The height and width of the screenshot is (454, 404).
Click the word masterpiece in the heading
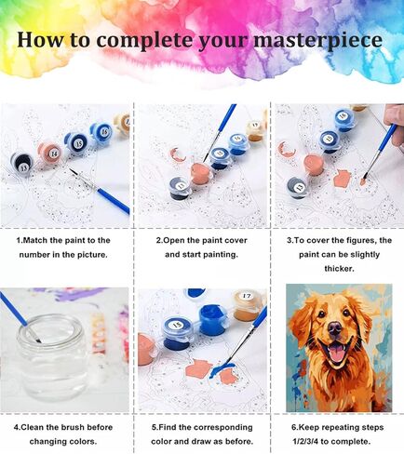click(x=318, y=40)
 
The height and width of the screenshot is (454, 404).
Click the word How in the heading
click(x=41, y=39)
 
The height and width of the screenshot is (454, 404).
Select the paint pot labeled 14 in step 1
click(x=49, y=153)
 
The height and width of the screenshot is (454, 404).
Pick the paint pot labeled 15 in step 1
click(x=76, y=143)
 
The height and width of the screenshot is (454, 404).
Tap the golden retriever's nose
click(x=335, y=328)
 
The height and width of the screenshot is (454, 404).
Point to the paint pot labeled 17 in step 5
click(x=246, y=304)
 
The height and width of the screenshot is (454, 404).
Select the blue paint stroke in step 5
click(x=222, y=369)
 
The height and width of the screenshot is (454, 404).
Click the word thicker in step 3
click(x=339, y=269)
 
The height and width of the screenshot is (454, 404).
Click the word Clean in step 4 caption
click(x=33, y=427)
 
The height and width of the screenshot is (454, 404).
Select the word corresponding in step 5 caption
click(x=222, y=428)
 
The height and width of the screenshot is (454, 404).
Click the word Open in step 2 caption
click(x=174, y=241)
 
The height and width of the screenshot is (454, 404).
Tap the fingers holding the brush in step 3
click(x=395, y=124)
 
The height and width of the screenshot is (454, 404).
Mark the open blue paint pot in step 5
click(x=211, y=321)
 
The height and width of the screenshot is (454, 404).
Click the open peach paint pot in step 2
click(x=201, y=174)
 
